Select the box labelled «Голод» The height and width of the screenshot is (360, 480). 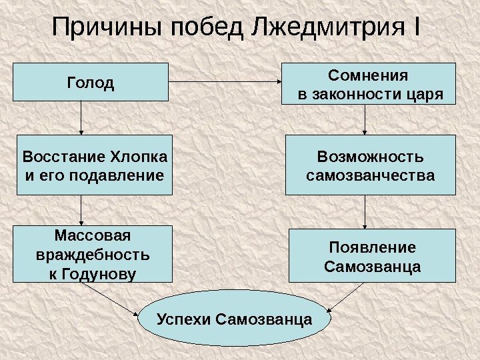[91, 83]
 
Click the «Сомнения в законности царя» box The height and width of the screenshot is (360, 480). [370, 84]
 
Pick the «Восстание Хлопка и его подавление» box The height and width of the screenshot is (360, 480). [94, 165]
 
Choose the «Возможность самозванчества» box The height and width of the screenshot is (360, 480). [370, 165]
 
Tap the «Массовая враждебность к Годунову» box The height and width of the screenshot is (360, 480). [93, 254]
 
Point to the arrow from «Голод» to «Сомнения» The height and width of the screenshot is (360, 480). [227, 83]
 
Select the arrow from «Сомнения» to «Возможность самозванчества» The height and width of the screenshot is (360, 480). [365, 120]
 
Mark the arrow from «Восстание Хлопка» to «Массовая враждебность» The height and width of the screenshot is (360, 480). [81, 210]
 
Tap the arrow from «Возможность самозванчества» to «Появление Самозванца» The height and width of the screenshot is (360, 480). [365, 212]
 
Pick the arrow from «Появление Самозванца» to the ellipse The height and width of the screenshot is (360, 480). [347, 297]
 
